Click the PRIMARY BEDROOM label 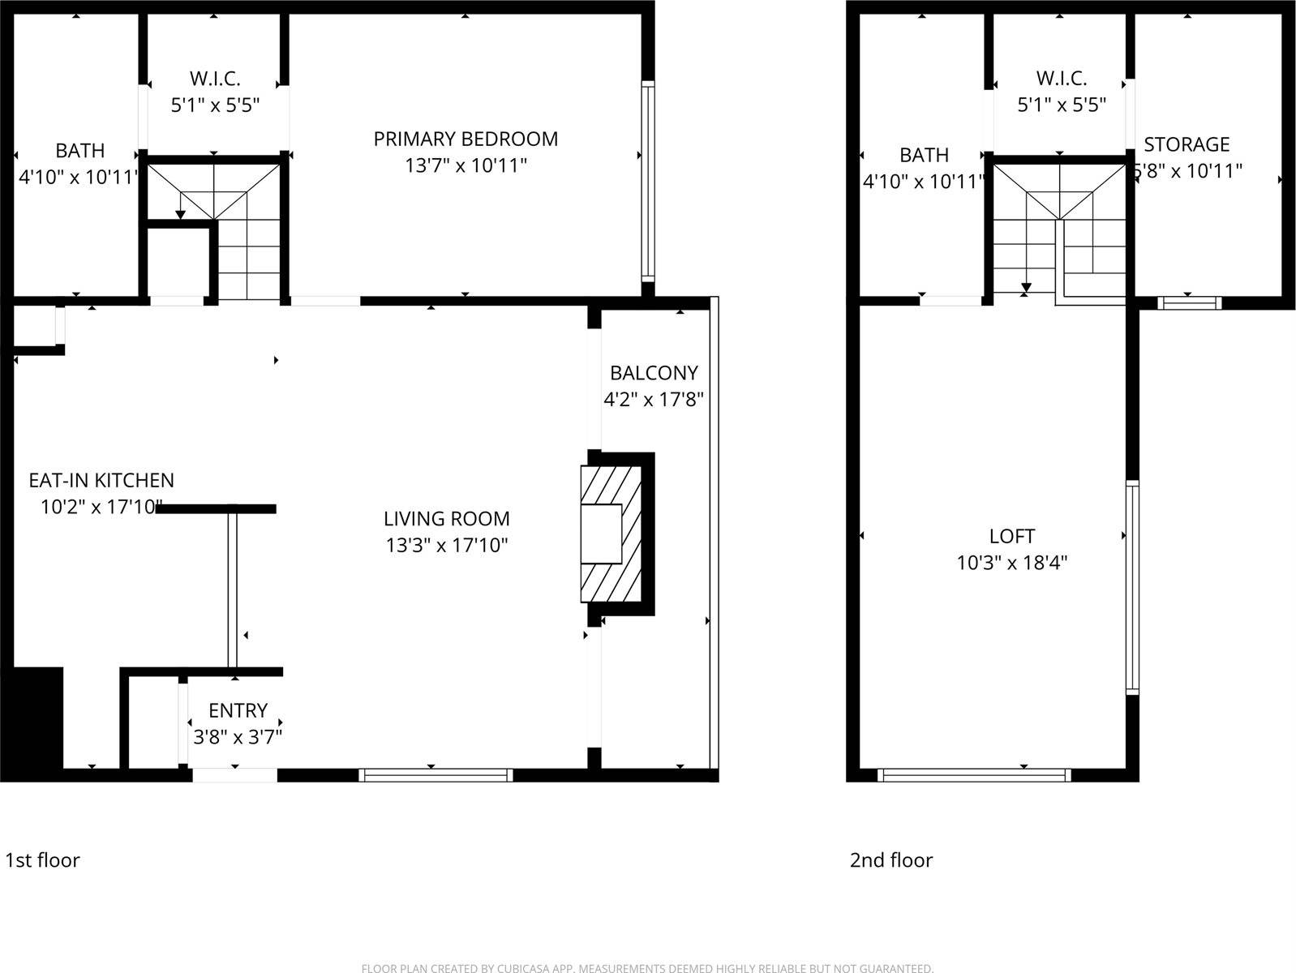click(x=466, y=139)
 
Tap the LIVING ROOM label click(x=447, y=519)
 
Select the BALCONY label click(x=654, y=373)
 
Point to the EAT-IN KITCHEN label click(x=101, y=481)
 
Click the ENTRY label click(x=238, y=711)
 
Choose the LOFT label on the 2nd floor click(x=1012, y=537)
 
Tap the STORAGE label click(x=1187, y=145)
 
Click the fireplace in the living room click(x=610, y=533)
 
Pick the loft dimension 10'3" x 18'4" click(x=1012, y=563)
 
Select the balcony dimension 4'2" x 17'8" click(x=654, y=400)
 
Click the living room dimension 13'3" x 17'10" click(x=447, y=545)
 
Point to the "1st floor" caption click(x=43, y=860)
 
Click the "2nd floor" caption click(x=891, y=860)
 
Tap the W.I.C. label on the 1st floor click(x=215, y=79)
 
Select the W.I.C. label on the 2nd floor click(x=1062, y=79)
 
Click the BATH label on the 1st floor click(x=79, y=151)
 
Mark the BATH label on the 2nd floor click(x=925, y=155)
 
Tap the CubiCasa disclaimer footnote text click(x=647, y=968)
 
